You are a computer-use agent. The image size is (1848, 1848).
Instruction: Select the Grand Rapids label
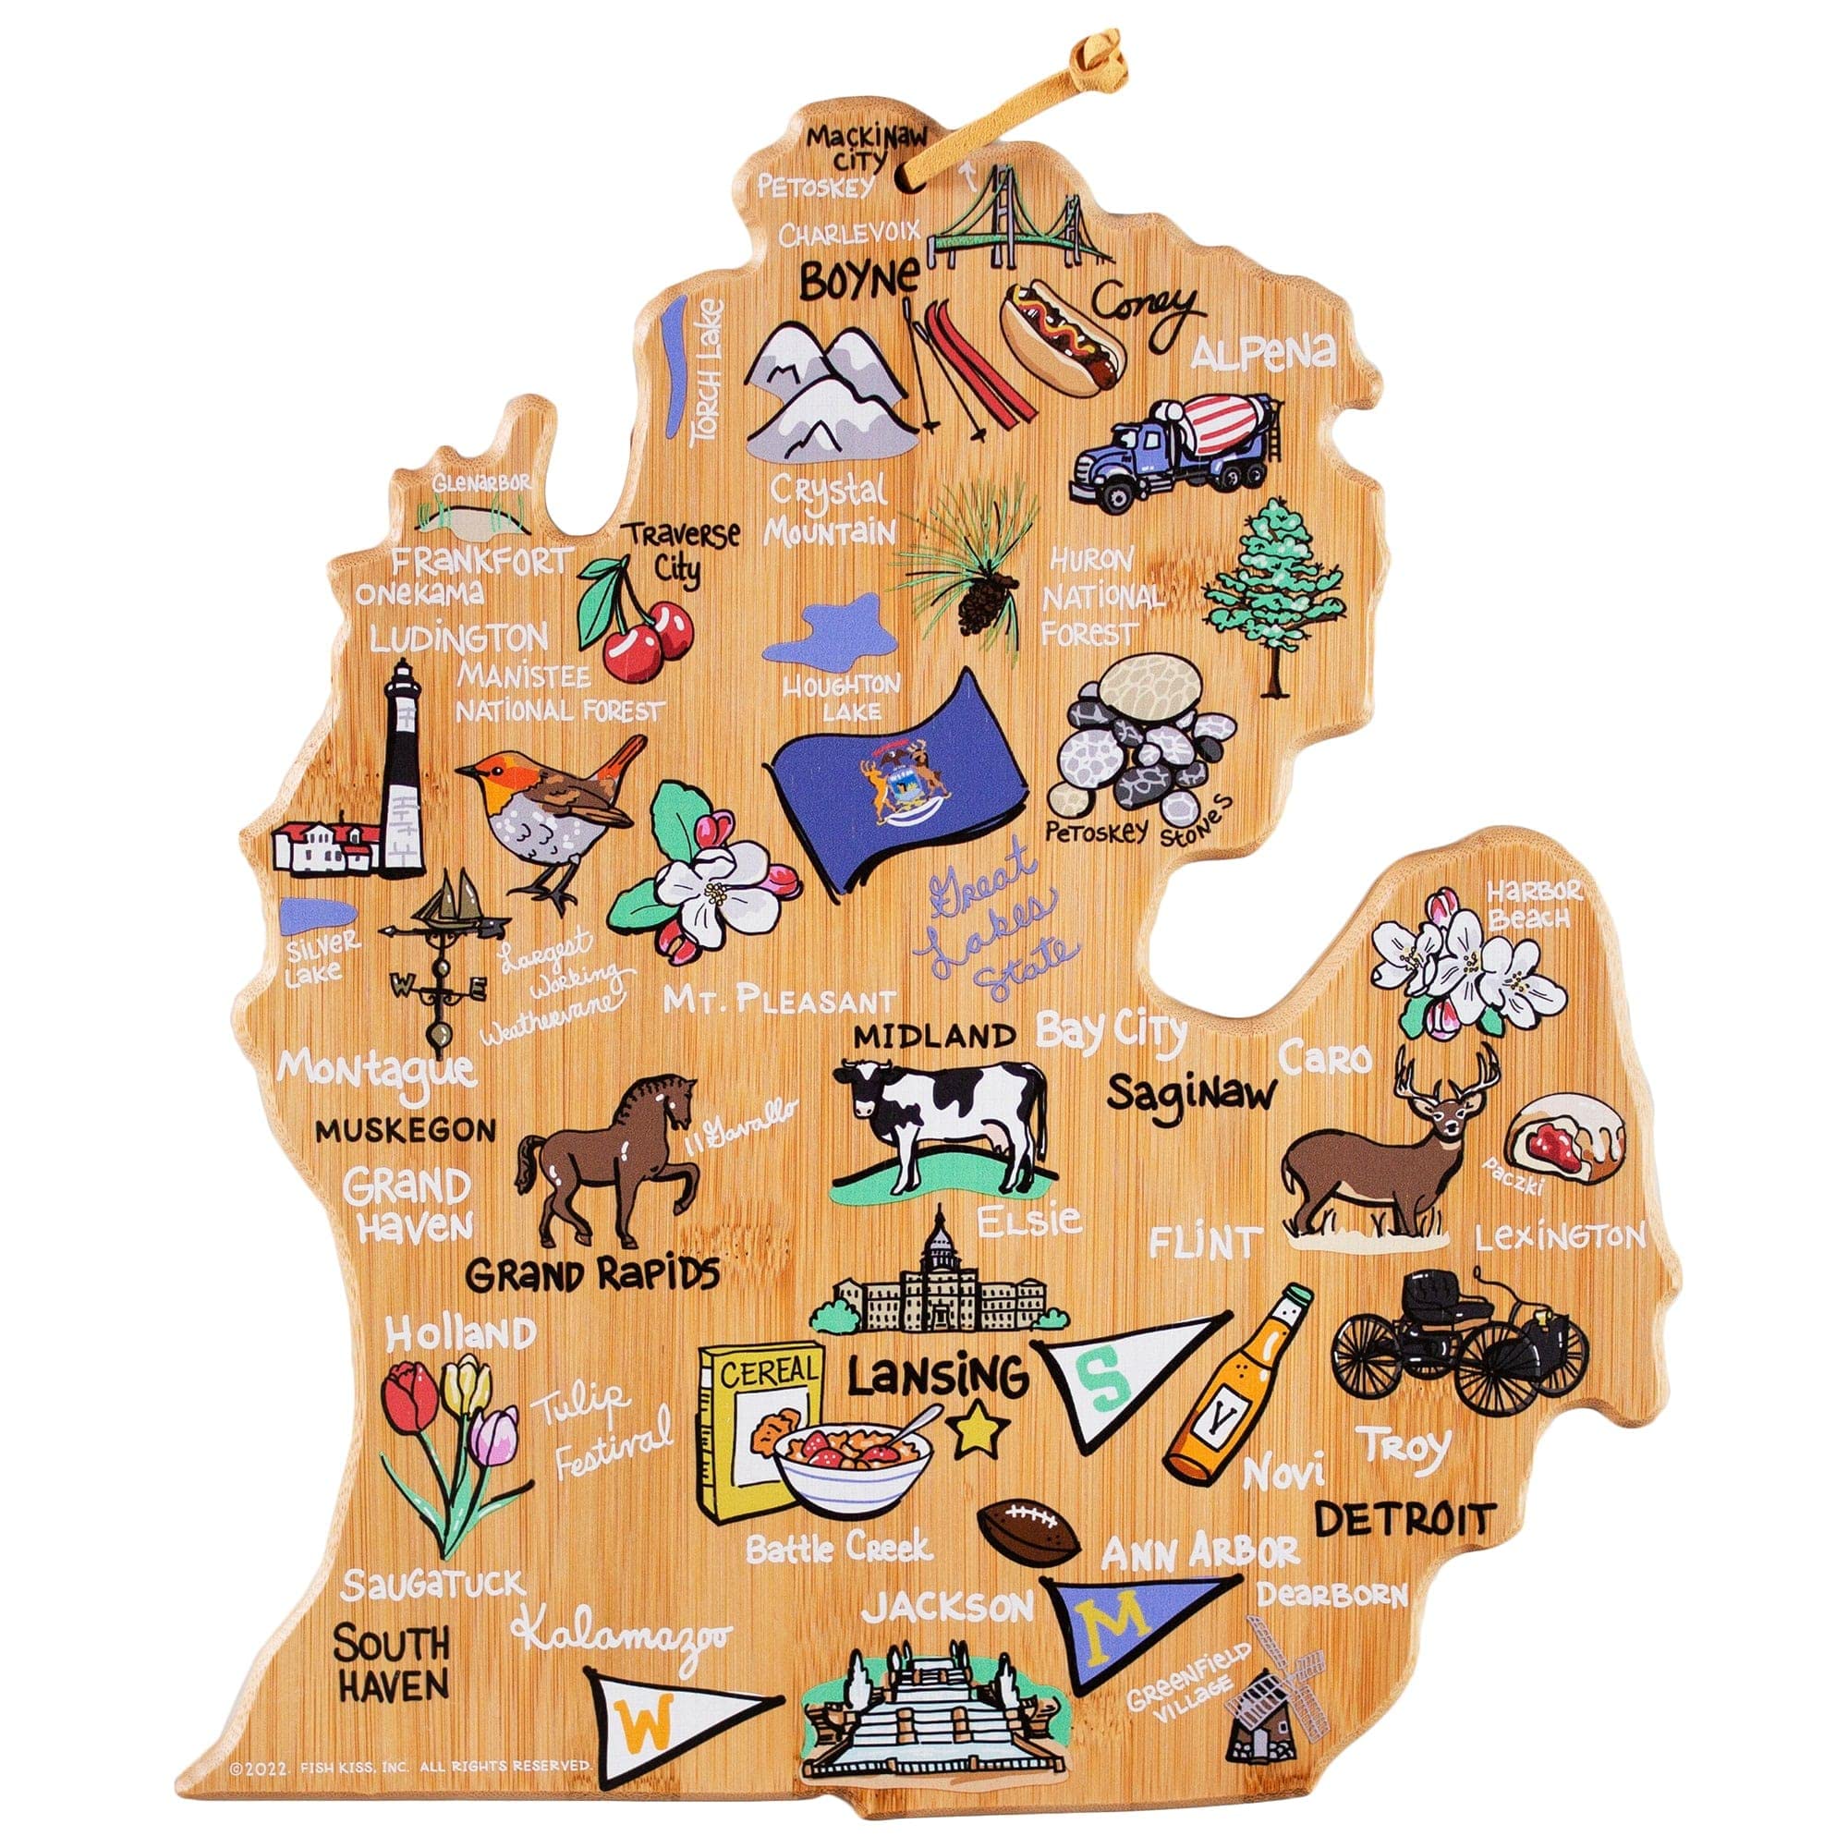pos(592,1274)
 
